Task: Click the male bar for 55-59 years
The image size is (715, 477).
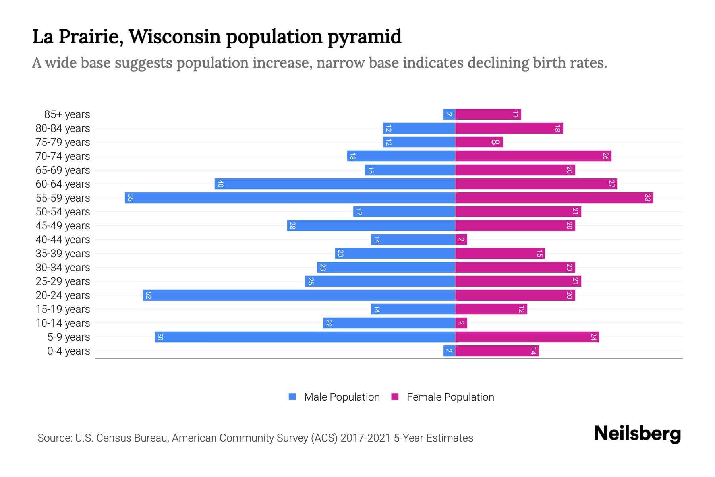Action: (x=290, y=198)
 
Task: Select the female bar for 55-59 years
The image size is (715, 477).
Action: (x=554, y=198)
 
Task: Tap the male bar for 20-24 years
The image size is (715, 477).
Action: (x=299, y=295)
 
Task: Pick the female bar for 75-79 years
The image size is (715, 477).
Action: (x=479, y=142)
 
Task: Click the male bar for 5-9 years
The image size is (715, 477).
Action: (x=305, y=337)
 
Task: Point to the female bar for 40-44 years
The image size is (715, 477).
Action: (x=461, y=239)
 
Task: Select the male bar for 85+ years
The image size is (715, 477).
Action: (x=449, y=114)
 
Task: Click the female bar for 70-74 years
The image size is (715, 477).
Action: (x=533, y=156)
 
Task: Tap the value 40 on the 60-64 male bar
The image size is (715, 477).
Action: (x=220, y=184)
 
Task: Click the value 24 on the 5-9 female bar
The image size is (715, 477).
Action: (x=593, y=337)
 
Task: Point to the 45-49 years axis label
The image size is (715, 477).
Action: (x=63, y=226)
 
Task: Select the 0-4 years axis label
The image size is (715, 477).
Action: (x=68, y=351)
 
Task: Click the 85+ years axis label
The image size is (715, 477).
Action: (x=67, y=114)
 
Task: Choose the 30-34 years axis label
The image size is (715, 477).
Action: (x=63, y=268)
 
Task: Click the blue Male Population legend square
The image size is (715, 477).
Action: (x=292, y=397)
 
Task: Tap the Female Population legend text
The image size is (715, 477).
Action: (x=450, y=397)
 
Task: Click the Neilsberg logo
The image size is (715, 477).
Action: (x=637, y=434)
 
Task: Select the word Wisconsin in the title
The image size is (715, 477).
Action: (x=175, y=37)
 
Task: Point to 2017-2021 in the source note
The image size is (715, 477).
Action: (x=365, y=438)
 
